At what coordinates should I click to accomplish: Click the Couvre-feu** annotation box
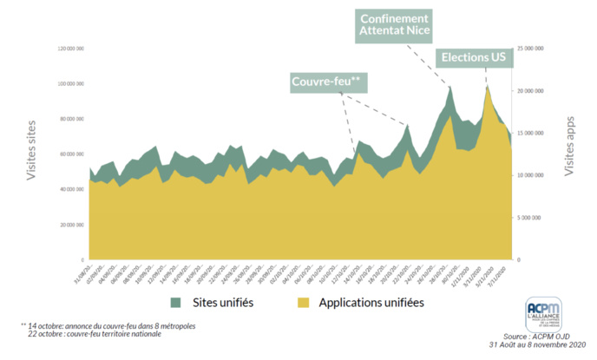coord(331,82)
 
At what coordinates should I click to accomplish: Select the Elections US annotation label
coord(474,58)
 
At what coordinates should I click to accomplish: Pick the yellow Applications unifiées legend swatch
coord(304,303)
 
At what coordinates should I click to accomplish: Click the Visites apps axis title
coord(570,147)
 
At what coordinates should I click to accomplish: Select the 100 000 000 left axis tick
coord(69,83)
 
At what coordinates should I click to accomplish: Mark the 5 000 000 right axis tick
coord(530,218)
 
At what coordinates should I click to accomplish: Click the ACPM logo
coord(544,313)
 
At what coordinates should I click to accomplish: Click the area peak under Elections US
coord(488,86)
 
